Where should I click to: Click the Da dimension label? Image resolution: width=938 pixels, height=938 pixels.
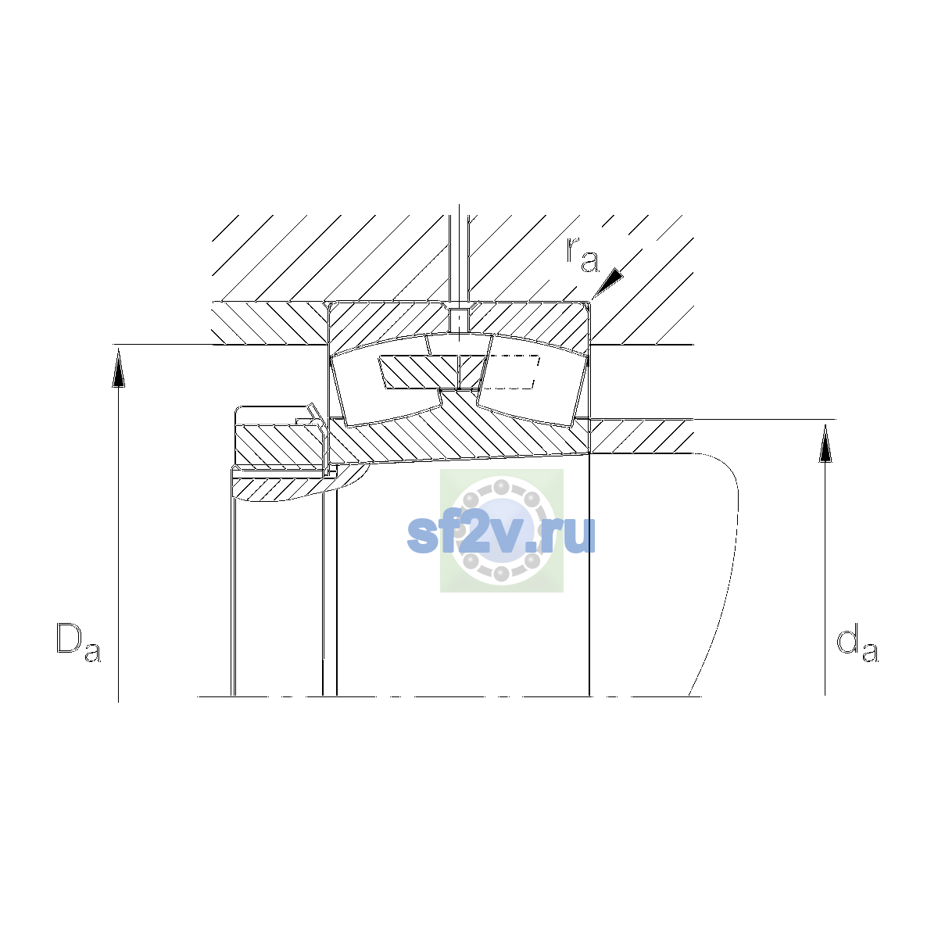[78, 643]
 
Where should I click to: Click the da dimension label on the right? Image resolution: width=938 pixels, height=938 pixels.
[857, 646]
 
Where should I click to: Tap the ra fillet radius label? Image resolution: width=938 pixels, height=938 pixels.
[582, 255]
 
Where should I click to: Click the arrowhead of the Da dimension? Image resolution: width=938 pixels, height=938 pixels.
[118, 369]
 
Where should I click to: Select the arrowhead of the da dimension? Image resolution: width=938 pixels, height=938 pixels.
[825, 443]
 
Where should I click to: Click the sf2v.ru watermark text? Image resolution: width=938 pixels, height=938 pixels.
[501, 535]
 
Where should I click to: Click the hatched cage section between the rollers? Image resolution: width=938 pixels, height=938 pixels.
[432, 372]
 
